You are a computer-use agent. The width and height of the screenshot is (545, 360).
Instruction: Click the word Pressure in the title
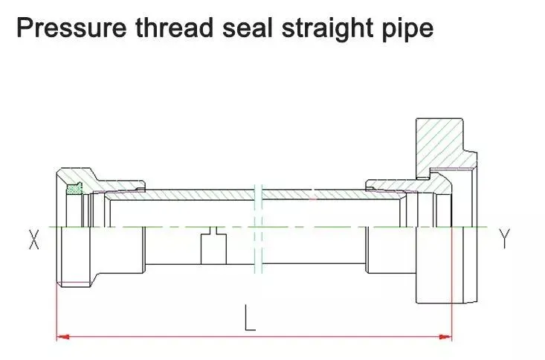(x=71, y=28)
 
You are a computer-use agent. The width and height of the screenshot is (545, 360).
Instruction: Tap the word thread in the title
(x=174, y=28)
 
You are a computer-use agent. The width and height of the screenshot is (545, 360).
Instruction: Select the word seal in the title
(x=247, y=28)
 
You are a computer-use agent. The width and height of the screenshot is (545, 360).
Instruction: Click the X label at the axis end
(x=33, y=240)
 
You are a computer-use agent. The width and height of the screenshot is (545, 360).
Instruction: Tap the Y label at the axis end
(x=504, y=239)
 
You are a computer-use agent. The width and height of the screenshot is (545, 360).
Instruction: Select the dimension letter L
(x=250, y=318)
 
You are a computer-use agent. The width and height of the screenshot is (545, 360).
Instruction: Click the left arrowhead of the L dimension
(x=63, y=337)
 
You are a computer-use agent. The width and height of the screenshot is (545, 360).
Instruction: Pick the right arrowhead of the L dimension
(x=445, y=337)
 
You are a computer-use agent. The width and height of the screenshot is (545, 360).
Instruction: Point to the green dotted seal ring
(x=74, y=189)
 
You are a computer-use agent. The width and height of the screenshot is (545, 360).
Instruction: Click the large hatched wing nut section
(x=443, y=146)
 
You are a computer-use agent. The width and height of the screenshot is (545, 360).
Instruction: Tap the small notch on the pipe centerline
(x=213, y=231)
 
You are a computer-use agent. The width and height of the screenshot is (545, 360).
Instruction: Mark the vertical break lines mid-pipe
(x=258, y=228)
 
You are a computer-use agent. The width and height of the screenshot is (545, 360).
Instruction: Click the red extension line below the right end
(x=451, y=283)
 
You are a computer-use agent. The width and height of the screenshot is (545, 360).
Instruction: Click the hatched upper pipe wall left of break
(x=181, y=194)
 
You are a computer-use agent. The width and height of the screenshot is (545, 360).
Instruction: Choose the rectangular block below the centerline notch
(x=213, y=249)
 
